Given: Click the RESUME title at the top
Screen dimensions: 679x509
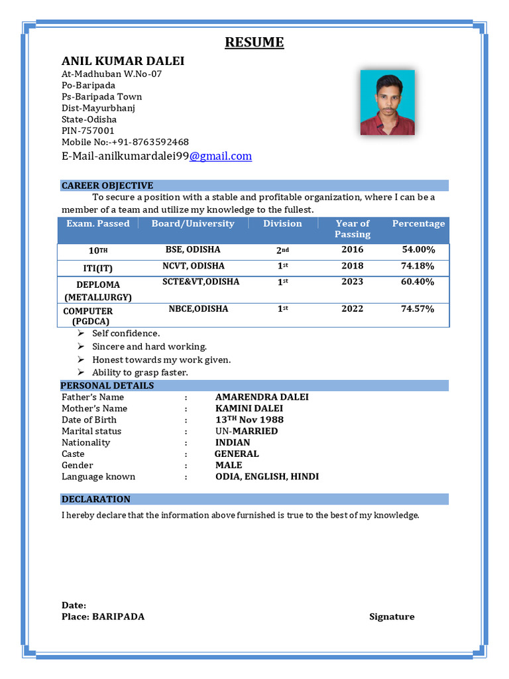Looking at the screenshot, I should click(254, 43).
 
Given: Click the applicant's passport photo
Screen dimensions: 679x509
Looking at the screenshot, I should click(387, 103).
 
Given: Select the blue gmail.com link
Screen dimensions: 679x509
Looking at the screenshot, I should click(221, 156).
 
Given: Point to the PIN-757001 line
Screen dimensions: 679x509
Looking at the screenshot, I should click(88, 131).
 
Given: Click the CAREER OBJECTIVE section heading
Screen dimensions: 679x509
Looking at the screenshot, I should click(107, 186).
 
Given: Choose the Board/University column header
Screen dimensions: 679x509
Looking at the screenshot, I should click(193, 224).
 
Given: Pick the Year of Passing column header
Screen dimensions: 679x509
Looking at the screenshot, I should click(353, 229).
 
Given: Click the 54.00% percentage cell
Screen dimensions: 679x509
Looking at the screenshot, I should click(418, 250).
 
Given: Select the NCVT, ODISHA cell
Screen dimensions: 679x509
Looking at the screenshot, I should click(194, 266).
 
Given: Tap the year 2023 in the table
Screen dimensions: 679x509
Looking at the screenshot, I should click(353, 282).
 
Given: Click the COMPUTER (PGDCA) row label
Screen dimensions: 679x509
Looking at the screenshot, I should click(88, 316).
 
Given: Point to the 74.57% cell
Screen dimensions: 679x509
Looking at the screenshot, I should click(418, 309).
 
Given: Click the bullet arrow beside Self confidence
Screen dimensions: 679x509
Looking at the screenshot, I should click(80, 334).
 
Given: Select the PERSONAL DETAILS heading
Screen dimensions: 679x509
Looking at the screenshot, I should click(107, 386).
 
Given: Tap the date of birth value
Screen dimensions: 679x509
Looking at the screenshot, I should click(249, 420).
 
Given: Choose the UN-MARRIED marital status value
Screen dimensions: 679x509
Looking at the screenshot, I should click(247, 431).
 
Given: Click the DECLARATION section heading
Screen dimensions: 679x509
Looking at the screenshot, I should click(96, 499).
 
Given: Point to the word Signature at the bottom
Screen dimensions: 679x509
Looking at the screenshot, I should click(392, 617).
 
